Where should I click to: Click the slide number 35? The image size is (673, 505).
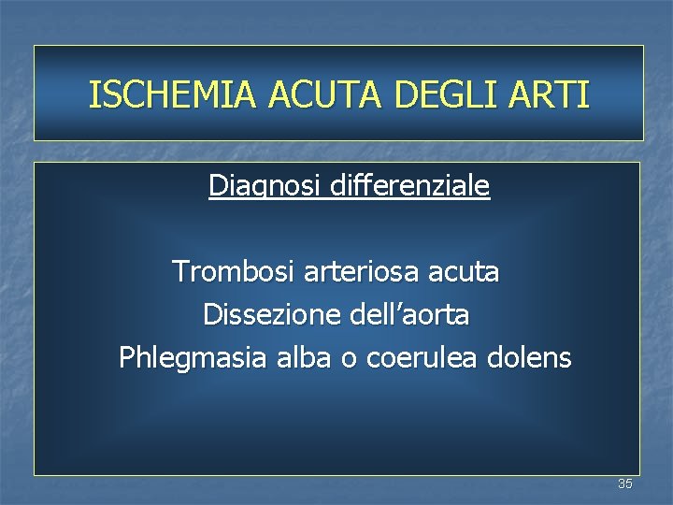[x=624, y=483]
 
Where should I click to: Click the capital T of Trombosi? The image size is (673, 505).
[x=179, y=272]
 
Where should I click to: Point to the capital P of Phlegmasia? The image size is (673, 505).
[x=125, y=357]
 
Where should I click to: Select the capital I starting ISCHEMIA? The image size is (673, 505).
[x=93, y=94]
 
